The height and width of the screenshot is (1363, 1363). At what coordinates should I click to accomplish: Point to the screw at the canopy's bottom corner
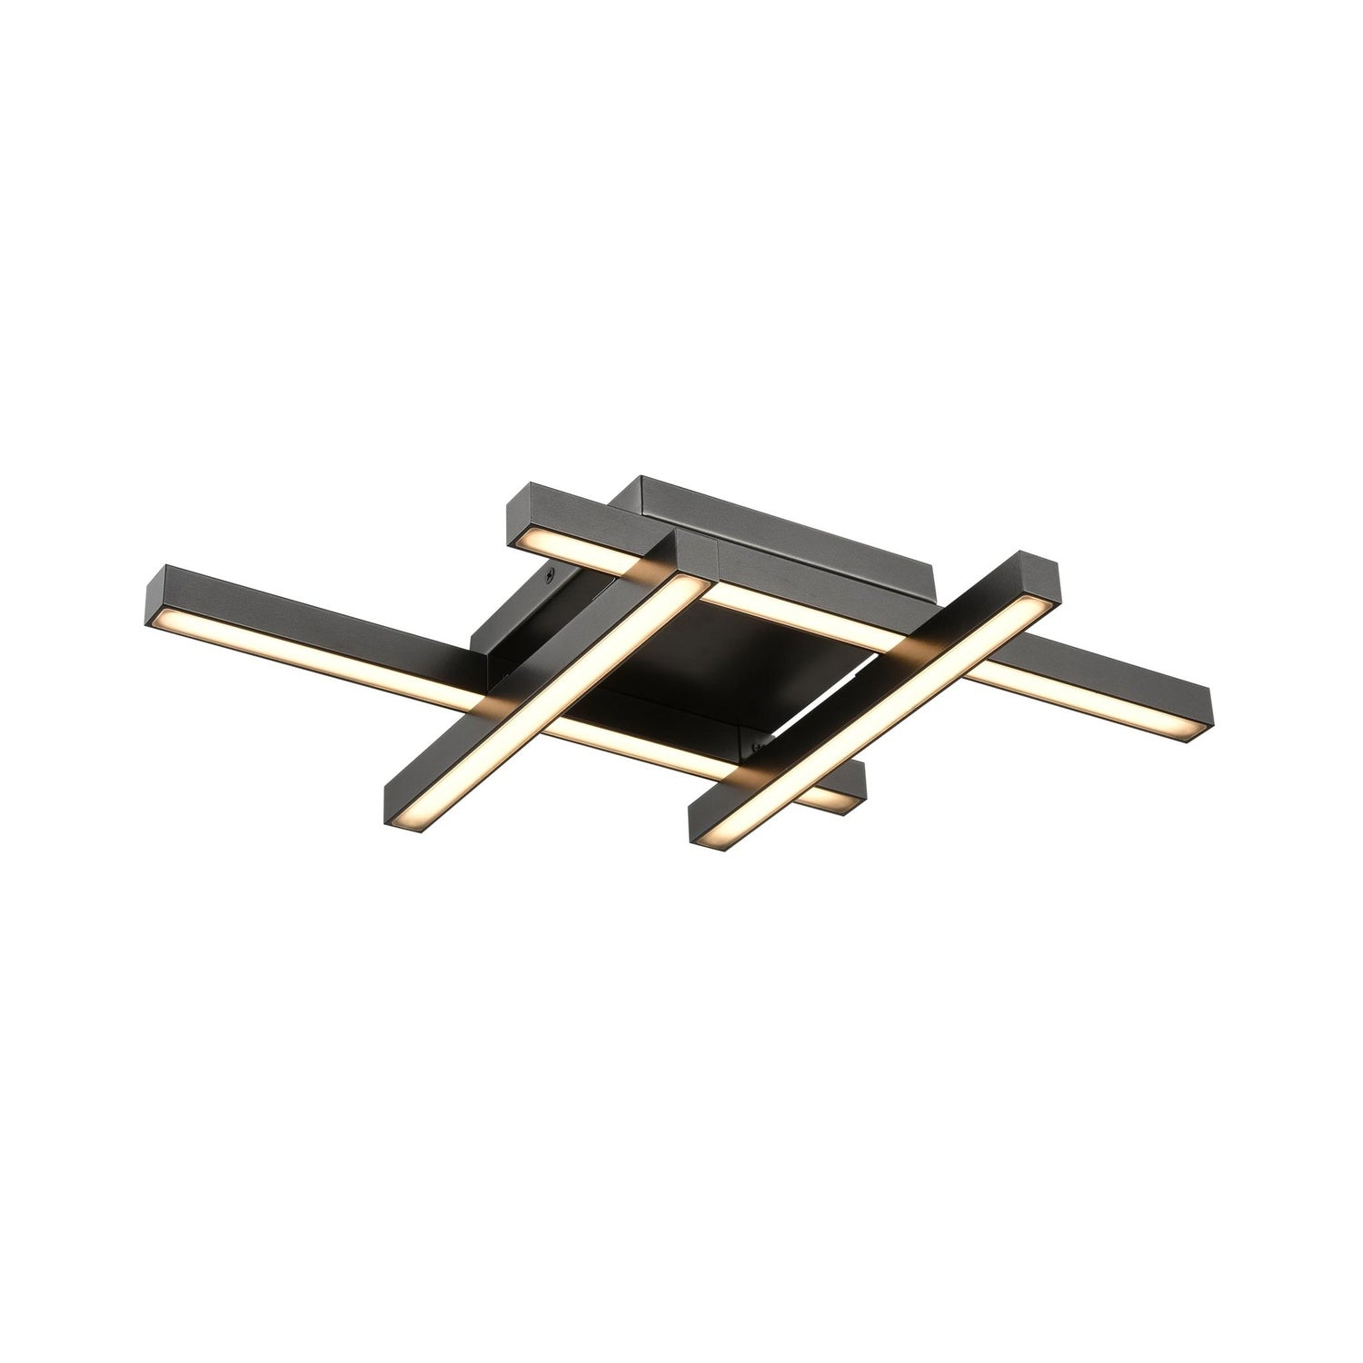(756, 748)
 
